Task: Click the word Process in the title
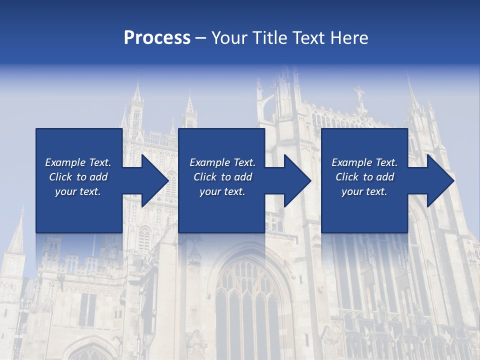(x=157, y=38)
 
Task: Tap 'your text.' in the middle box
(x=222, y=191)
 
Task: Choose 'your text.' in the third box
(x=364, y=191)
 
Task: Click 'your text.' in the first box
(x=77, y=191)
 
